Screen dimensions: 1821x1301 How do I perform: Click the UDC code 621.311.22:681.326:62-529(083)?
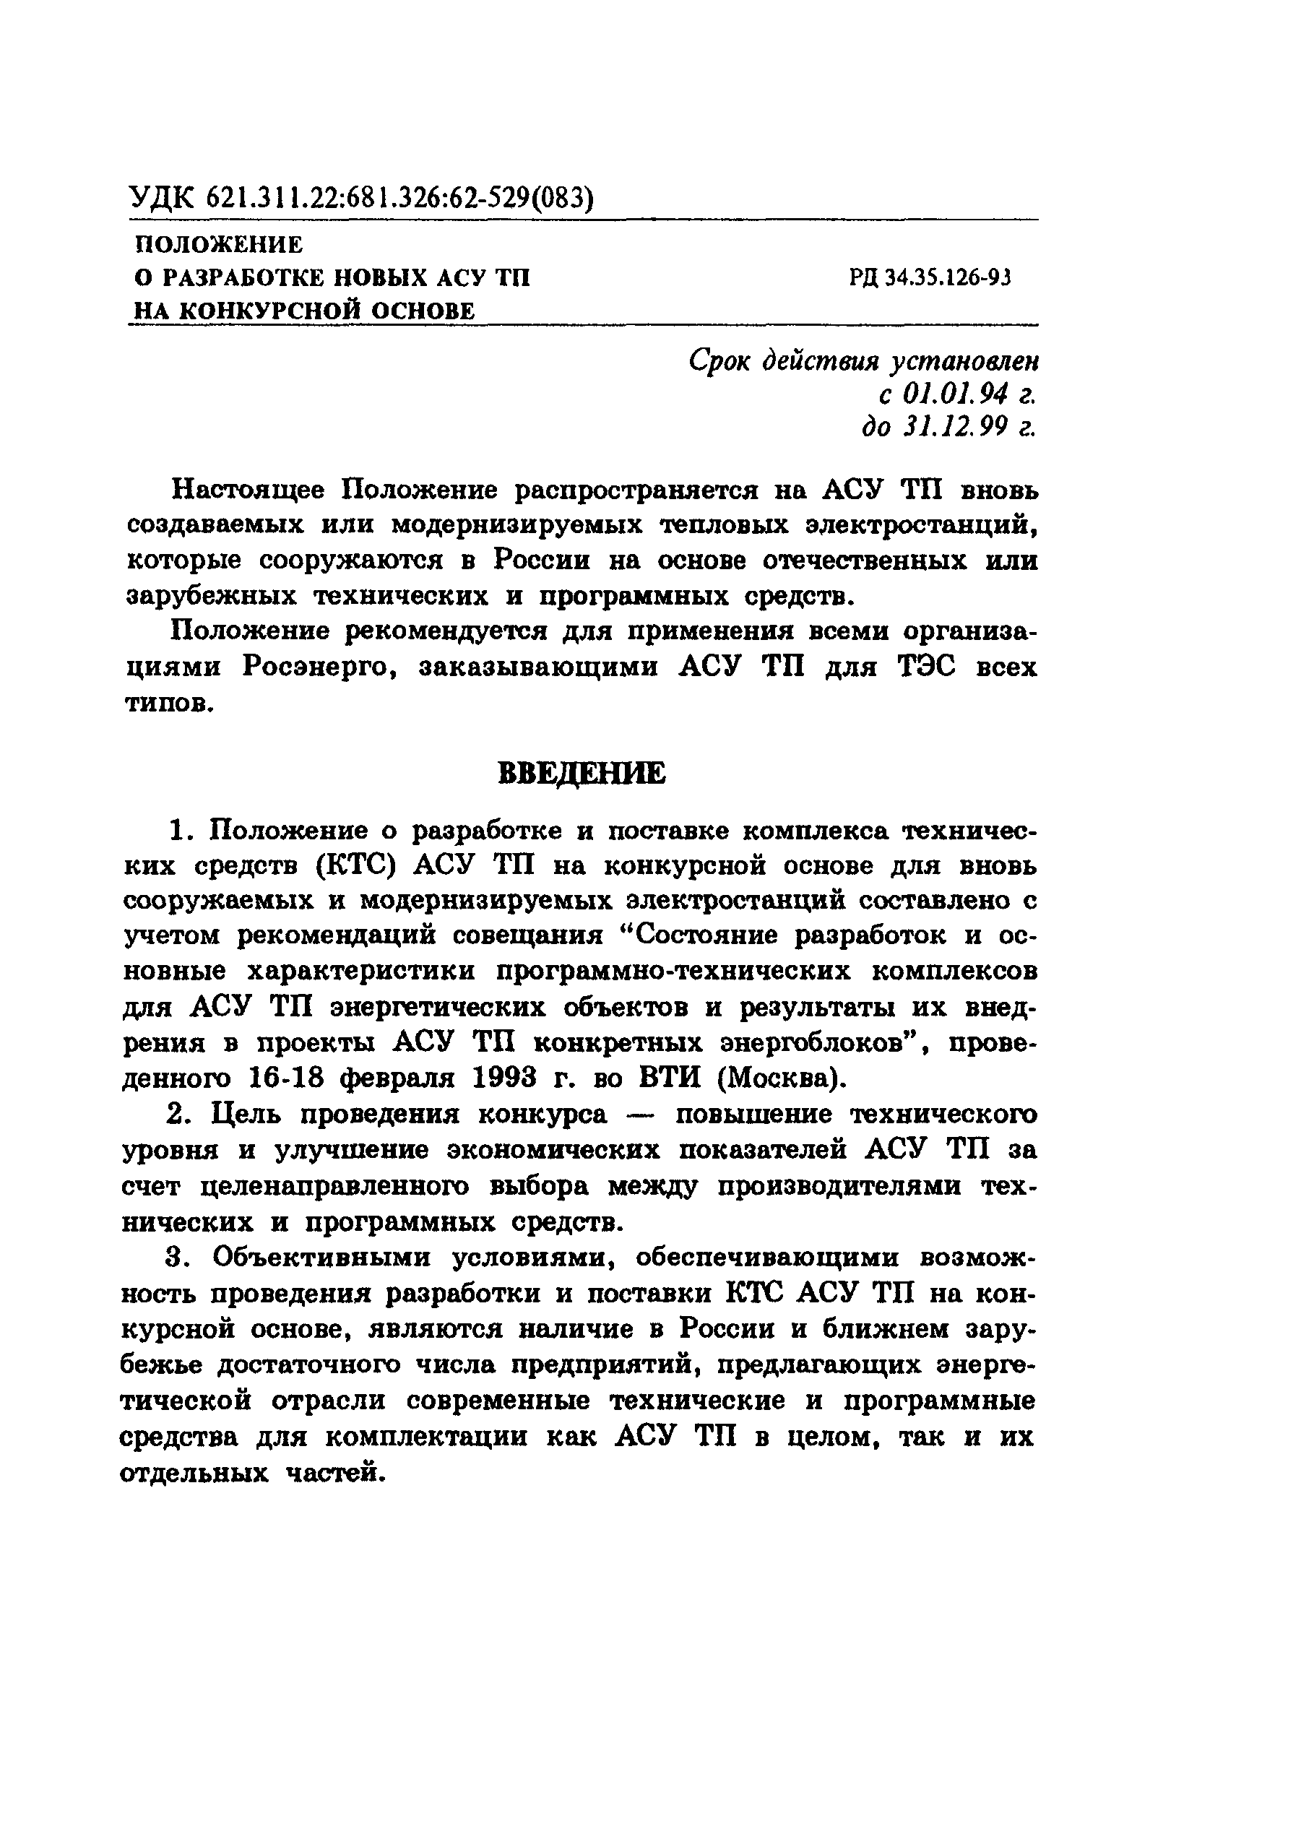coord(399,198)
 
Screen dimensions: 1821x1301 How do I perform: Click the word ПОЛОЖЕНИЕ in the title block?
coord(217,244)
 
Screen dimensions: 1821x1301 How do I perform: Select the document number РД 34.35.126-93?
coord(931,278)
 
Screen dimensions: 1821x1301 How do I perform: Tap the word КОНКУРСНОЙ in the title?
coord(267,310)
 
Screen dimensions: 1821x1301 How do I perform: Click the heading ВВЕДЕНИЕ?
coord(581,774)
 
